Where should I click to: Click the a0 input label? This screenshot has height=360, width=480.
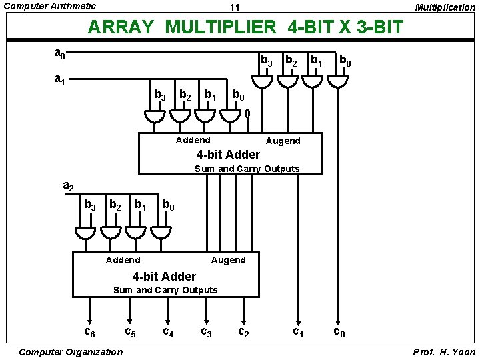tap(59, 52)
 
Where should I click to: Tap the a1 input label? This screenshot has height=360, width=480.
tap(59, 79)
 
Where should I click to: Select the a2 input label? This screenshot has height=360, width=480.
tap(68, 186)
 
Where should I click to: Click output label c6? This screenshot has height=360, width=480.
tap(89, 331)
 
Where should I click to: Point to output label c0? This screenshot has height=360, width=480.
tap(339, 331)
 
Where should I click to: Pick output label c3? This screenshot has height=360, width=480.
tap(207, 331)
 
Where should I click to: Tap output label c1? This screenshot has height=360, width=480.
tap(299, 331)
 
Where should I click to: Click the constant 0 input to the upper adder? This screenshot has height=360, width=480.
tap(247, 113)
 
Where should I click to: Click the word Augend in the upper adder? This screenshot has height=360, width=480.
tap(283, 141)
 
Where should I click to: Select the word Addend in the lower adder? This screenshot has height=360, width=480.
tap(123, 259)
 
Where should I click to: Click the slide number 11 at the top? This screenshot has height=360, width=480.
tap(234, 7)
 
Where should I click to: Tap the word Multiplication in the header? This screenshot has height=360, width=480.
tap(445, 7)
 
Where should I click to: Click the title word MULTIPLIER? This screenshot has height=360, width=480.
tap(220, 27)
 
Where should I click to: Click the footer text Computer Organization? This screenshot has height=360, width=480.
tap(71, 351)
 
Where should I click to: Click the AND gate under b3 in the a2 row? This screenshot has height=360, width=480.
tap(85, 232)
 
